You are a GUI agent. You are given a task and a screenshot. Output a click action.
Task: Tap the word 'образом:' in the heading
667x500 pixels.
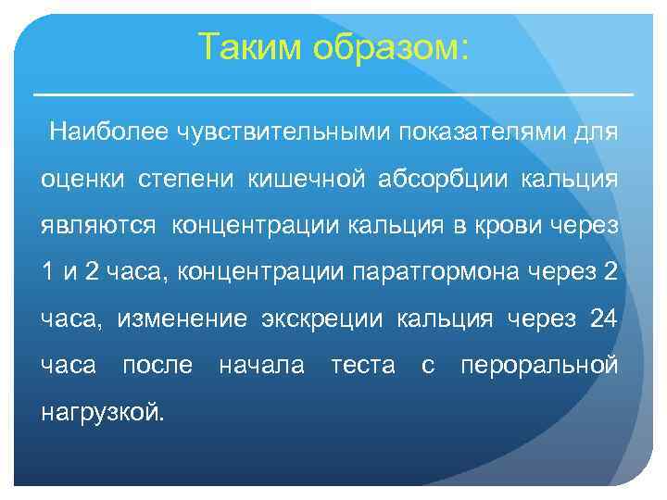[x=391, y=47]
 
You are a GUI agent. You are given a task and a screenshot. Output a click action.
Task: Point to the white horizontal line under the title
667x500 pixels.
[x=333, y=94]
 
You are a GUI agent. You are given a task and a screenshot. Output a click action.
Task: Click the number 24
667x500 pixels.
[x=602, y=319]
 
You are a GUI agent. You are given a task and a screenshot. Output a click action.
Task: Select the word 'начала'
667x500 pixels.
[x=261, y=366]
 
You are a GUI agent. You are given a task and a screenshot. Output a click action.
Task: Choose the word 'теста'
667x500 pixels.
[x=362, y=366]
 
